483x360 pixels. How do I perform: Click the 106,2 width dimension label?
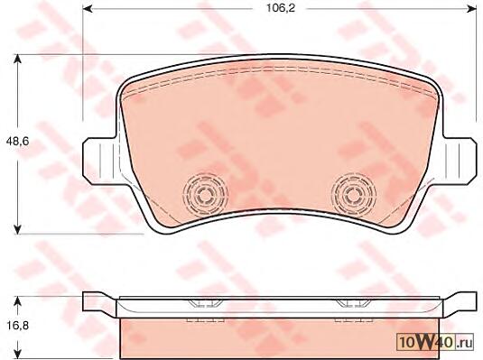280,8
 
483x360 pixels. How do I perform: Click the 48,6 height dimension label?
17,142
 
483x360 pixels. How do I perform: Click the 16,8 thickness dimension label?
17,325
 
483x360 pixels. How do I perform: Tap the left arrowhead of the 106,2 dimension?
88,8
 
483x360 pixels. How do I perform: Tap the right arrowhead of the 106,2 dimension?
472,8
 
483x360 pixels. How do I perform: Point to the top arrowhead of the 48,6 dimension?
18,60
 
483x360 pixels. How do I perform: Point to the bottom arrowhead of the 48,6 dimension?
18,229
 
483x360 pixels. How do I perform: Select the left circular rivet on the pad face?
205,194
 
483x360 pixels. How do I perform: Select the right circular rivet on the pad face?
354,194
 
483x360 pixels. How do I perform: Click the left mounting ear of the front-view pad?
100,162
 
